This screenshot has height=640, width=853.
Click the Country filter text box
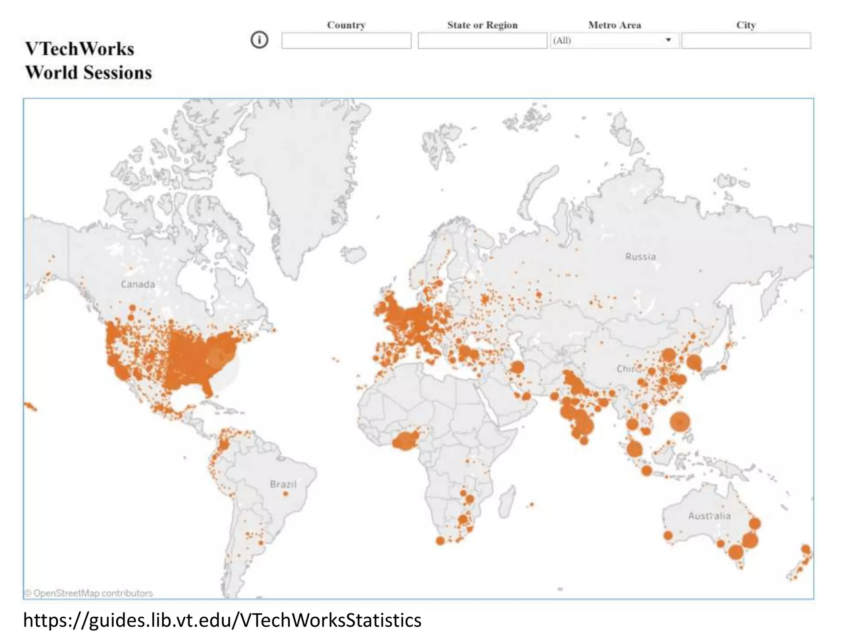pyautogui.click(x=346, y=41)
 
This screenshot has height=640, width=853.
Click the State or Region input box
pyautogui.click(x=482, y=41)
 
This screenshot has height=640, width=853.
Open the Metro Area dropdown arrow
pyautogui.click(x=668, y=40)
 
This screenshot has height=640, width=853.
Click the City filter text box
pyautogui.click(x=746, y=41)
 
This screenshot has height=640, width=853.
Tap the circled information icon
pyautogui.click(x=259, y=40)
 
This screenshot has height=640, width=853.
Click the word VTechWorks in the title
pyautogui.click(x=80, y=49)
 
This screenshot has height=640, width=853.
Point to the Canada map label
pyautogui.click(x=138, y=284)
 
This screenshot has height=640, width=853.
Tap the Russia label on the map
pyautogui.click(x=640, y=256)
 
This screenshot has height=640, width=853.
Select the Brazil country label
pyautogui.click(x=283, y=484)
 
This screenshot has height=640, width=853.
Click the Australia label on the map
pyautogui.click(x=709, y=516)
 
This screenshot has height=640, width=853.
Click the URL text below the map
pyautogui.click(x=222, y=620)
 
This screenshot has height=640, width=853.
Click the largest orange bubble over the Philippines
pyautogui.click(x=680, y=422)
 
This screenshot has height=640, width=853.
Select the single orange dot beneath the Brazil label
pyautogui.click(x=285, y=494)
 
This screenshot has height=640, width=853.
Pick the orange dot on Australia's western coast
pyautogui.click(x=668, y=535)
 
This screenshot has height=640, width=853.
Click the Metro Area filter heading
pyautogui.click(x=614, y=25)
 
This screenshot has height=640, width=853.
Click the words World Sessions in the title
pyautogui.click(x=88, y=73)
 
